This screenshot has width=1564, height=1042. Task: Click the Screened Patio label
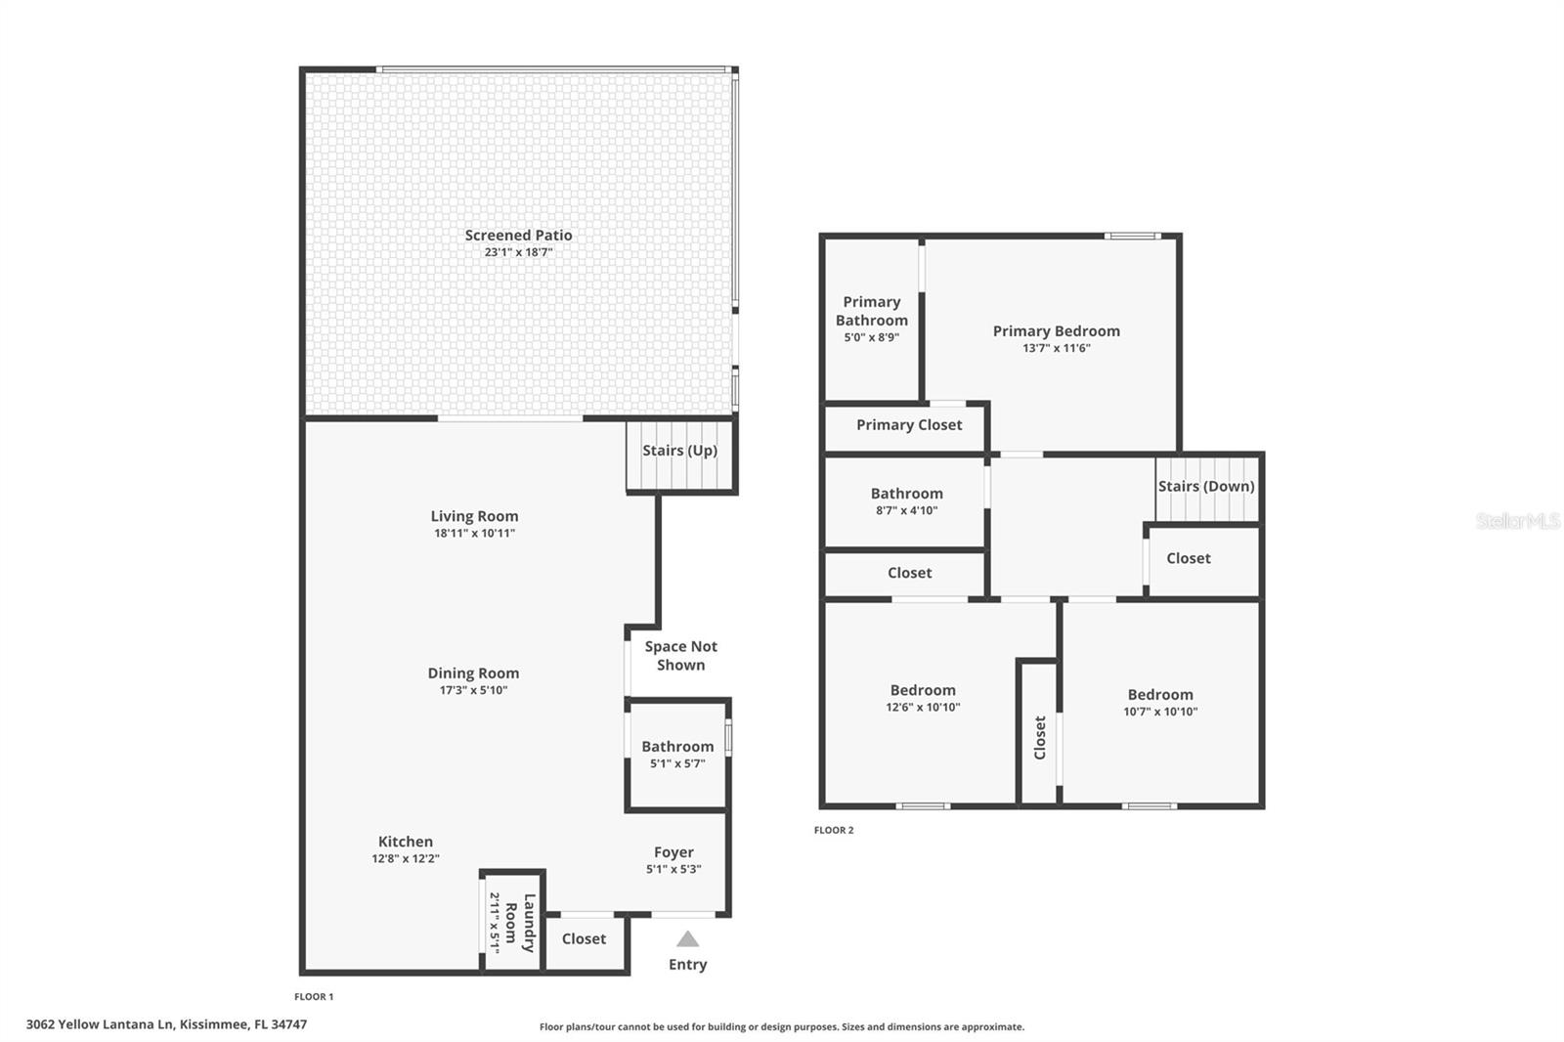click(x=518, y=236)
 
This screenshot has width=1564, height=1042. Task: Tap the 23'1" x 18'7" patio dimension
click(x=518, y=252)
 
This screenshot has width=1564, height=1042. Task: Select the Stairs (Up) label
click(x=679, y=451)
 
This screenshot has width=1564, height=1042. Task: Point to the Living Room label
click(x=474, y=516)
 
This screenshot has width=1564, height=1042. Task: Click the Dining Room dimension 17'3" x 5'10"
click(x=473, y=690)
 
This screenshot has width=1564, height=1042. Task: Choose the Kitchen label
click(x=406, y=842)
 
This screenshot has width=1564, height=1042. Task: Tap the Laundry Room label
click(x=520, y=923)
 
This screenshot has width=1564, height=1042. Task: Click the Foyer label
click(x=673, y=852)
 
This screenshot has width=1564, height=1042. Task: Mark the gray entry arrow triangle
click(x=687, y=939)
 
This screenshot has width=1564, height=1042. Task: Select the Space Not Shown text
click(x=680, y=656)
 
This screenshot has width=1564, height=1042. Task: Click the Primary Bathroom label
click(x=872, y=311)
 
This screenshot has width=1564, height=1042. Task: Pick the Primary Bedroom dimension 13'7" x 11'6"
click(x=1057, y=348)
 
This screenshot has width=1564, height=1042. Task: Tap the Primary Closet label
click(x=909, y=425)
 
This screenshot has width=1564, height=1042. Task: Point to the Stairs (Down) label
click(x=1206, y=487)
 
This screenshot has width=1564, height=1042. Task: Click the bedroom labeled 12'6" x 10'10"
click(x=923, y=698)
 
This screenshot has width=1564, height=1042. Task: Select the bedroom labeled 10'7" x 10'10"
click(x=1160, y=703)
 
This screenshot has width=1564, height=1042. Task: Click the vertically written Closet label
click(x=1040, y=737)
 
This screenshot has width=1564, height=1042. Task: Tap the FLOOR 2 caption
click(x=834, y=830)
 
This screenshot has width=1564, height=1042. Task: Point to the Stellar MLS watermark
click(x=1517, y=521)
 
